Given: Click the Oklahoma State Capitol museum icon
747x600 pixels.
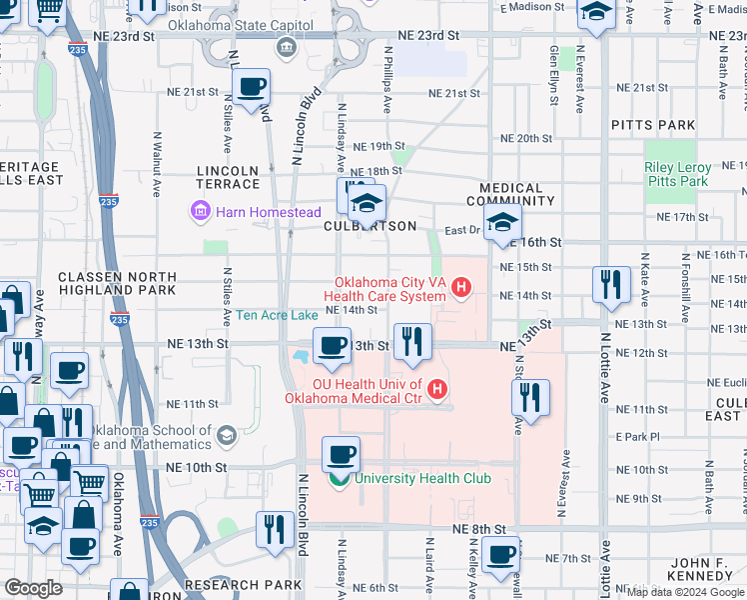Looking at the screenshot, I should point(287,47).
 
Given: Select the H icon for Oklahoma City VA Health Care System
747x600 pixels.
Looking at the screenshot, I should point(460,290).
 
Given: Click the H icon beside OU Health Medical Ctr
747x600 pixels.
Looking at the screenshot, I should point(435,388).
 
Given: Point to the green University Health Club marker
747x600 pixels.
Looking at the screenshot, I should point(340,478).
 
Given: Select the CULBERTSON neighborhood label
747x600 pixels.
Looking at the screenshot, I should point(370,226).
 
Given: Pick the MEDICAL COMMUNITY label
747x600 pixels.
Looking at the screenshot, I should point(510,195).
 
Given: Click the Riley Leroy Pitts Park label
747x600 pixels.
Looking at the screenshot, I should point(678,174).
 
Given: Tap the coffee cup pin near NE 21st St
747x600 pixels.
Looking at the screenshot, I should point(251,88).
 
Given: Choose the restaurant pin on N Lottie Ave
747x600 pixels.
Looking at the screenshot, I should point(610,285).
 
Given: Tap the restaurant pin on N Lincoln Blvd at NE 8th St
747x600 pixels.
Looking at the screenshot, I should point(275,529).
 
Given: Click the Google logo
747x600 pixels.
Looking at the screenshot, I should point(33,588).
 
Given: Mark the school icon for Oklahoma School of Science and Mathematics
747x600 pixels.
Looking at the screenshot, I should point(227,435).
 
